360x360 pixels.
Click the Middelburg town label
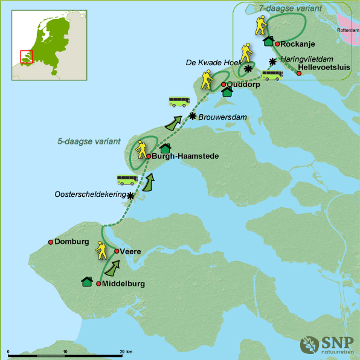pyautogui.click(x=124, y=283)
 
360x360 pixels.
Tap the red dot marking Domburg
pyautogui.click(x=51, y=242)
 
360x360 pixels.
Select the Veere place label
pyautogui.click(x=131, y=251)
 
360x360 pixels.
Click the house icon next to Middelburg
pyautogui.click(x=87, y=281)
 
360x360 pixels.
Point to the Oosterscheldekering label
pyautogui.click(x=90, y=194)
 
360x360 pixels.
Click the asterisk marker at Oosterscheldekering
pyautogui.click(x=130, y=195)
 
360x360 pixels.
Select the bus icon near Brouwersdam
pyautogui.click(x=179, y=101)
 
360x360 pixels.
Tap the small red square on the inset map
pyautogui.click(x=26, y=56)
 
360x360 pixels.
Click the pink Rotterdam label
pyautogui.click(x=347, y=30)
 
